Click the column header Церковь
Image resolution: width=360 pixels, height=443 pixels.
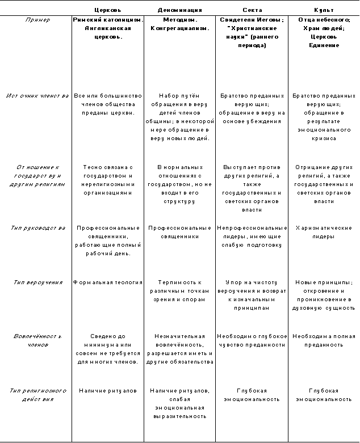108,10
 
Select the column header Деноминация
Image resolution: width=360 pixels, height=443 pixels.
180,10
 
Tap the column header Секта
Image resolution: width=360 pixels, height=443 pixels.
252,10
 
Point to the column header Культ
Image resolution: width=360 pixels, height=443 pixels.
324,10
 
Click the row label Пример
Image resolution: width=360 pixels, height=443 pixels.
38,19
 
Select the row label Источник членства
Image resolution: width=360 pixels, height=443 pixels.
38,96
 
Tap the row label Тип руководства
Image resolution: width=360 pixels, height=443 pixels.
38,227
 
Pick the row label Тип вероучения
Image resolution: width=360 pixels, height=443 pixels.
38,282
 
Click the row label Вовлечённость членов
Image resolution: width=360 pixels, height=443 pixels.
38,340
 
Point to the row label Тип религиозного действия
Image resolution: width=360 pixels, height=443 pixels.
38,395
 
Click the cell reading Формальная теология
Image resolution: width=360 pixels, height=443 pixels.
108,282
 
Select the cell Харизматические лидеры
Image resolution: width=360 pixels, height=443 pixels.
324,232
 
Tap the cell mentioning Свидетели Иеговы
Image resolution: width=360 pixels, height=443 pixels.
252,32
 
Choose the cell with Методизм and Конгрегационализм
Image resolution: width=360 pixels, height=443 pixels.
180,23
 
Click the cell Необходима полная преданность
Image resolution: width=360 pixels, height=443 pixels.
324,340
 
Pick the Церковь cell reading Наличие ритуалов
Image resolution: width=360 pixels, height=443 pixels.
108,391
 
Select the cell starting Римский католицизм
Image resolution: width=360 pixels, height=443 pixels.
108,28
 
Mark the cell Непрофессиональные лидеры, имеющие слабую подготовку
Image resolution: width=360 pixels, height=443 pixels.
252,237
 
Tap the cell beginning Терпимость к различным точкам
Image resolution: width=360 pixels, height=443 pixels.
180,290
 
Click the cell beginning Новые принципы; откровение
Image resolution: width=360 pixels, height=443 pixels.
324,295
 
